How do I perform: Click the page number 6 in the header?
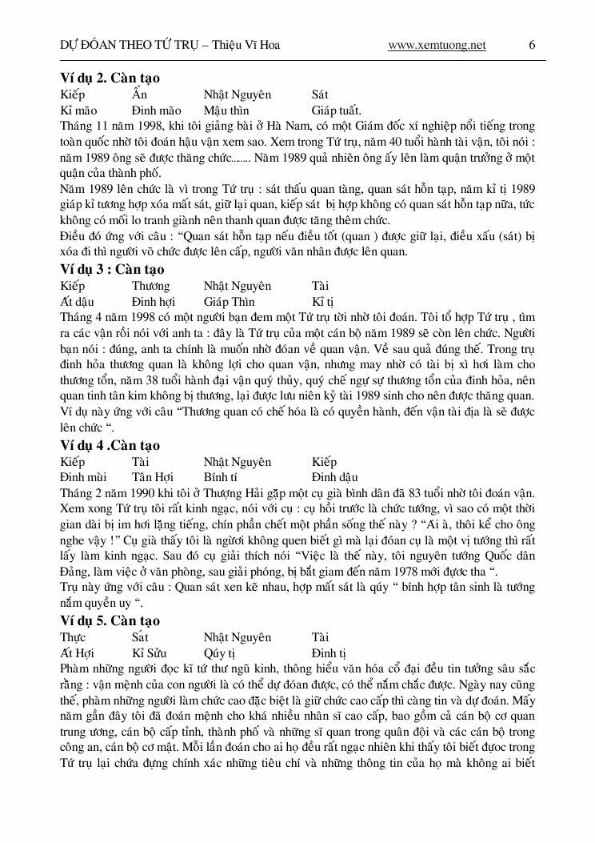[x=532, y=45]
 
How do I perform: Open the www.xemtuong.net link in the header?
[x=437, y=45]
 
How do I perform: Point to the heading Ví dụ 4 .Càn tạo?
[x=110, y=445]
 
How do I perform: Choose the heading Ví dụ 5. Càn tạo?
[x=110, y=620]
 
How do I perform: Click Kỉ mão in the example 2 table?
[x=78, y=110]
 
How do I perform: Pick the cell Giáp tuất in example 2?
[x=337, y=110]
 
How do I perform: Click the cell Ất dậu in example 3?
[x=77, y=302]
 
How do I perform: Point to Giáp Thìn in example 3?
[x=229, y=302]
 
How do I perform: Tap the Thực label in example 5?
[x=73, y=637]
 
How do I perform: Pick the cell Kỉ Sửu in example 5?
[x=150, y=653]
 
